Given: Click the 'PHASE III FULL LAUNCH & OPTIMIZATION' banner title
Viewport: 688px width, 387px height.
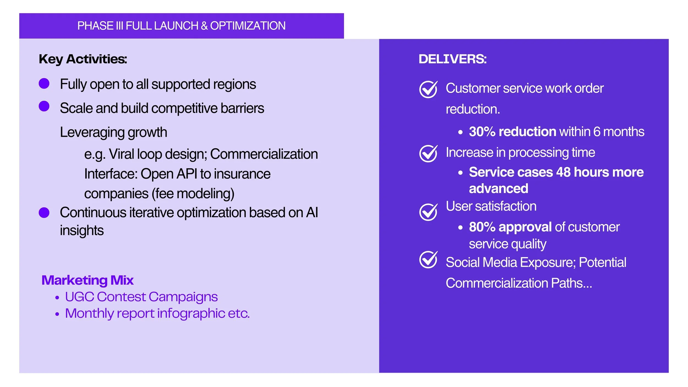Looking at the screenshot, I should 181,26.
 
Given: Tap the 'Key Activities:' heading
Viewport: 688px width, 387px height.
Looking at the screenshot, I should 83,59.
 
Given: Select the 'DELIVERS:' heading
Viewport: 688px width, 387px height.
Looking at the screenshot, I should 452,59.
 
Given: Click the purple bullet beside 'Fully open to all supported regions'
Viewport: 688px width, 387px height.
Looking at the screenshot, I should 44,83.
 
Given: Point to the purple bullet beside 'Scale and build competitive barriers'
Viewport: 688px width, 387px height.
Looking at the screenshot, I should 44,106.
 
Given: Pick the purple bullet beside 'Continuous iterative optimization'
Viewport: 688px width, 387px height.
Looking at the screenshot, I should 44,212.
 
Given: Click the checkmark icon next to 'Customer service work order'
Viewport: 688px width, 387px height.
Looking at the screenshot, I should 428,89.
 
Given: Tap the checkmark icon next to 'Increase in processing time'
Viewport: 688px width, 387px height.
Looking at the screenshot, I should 428,153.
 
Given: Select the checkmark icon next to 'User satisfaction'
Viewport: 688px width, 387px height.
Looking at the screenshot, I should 428,212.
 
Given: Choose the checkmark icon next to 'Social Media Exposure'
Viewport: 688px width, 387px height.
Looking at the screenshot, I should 428,260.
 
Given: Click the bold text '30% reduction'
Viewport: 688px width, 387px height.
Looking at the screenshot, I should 512,132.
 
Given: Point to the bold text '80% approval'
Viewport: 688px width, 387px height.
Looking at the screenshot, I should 510,227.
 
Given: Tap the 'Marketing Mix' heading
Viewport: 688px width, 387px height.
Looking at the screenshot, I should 88,280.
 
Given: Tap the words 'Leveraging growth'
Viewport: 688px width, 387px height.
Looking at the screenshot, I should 113,132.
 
